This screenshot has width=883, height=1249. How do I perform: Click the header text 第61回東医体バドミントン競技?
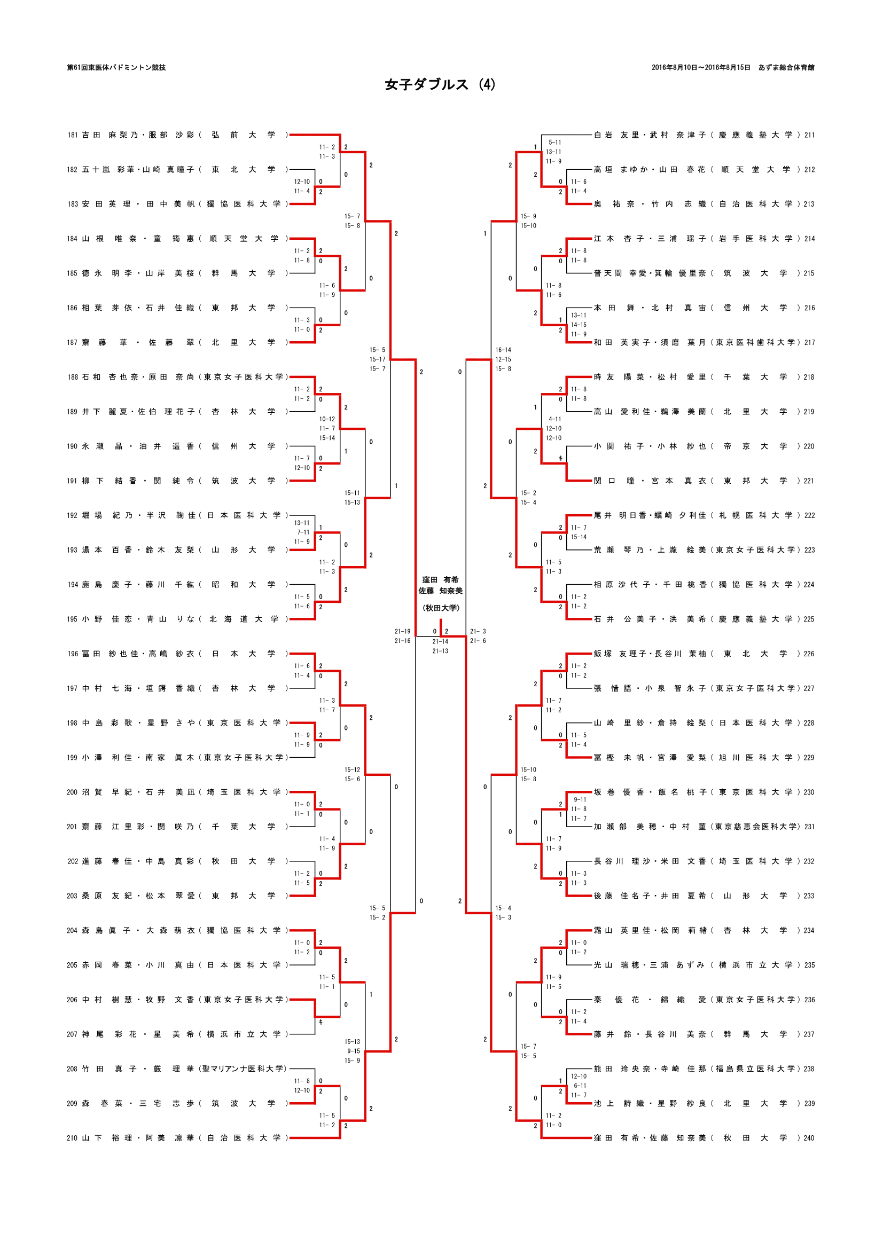click(x=116, y=67)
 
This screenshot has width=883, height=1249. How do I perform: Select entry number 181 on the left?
click(x=72, y=135)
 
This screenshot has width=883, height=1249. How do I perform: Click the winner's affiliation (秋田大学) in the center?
click(x=441, y=608)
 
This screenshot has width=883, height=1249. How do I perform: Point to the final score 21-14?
click(x=440, y=641)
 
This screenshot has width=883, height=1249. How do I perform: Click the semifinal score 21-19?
click(x=402, y=631)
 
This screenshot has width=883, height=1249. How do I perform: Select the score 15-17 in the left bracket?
click(x=377, y=359)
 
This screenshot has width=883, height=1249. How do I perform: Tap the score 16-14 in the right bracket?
click(x=503, y=350)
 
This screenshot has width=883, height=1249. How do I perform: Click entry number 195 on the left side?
click(x=72, y=619)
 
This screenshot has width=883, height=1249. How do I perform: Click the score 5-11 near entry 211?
click(x=554, y=143)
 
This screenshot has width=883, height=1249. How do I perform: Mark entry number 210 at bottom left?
click(x=72, y=1138)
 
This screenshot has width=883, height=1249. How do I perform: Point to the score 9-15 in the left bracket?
click(x=353, y=1051)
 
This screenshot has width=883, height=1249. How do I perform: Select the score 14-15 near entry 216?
click(x=579, y=325)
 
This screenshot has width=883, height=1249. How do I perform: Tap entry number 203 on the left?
click(x=72, y=896)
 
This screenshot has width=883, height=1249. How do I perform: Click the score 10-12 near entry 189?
click(x=327, y=419)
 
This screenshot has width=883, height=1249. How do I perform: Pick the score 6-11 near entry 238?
click(x=580, y=1085)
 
